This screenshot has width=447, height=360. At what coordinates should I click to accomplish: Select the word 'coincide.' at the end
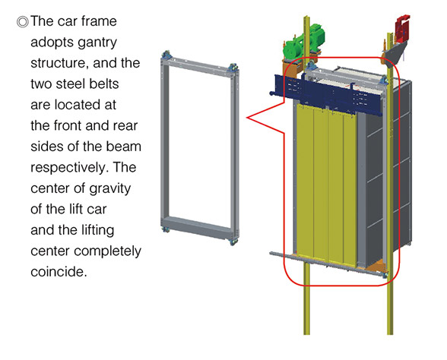tap(59, 272)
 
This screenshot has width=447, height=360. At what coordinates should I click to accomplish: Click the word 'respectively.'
tap(70, 168)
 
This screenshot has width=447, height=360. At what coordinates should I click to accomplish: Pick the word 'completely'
tap(107, 251)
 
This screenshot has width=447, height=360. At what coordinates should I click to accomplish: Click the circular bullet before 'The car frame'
tap(23, 22)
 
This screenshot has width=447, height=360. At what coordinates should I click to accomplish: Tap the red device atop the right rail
tap(402, 29)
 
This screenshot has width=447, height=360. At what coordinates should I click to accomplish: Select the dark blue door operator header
tap(328, 94)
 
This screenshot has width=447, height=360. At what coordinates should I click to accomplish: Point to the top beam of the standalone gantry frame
tap(199, 67)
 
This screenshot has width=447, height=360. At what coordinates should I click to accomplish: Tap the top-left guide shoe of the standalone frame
tap(166, 55)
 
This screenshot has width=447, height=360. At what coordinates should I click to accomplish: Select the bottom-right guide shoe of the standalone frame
tap(234, 242)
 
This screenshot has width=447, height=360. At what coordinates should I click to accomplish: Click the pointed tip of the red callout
tap(247, 117)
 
